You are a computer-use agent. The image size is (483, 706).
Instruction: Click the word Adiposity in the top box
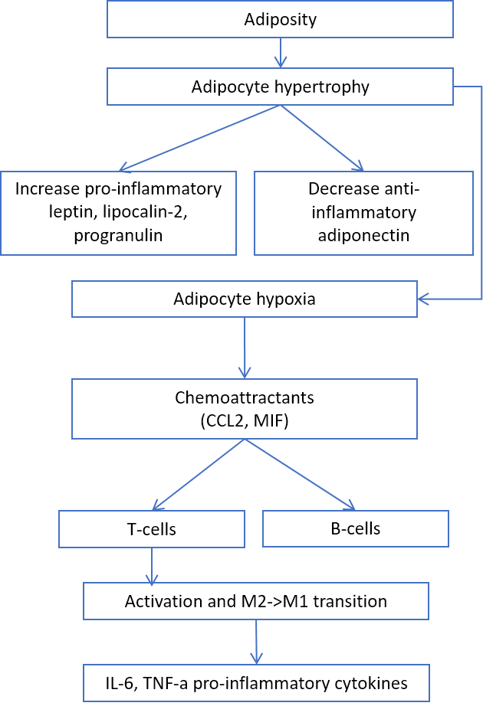pyautogui.click(x=280, y=20)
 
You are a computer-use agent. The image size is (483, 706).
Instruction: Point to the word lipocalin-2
pyautogui.click(x=145, y=212)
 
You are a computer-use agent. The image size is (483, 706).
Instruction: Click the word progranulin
pyautogui.click(x=118, y=236)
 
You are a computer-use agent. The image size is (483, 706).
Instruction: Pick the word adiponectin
pyautogui.click(x=363, y=236)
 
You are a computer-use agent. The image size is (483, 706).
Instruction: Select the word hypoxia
pyautogui.click(x=286, y=299)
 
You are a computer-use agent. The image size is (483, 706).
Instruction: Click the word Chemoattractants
pyautogui.click(x=245, y=397)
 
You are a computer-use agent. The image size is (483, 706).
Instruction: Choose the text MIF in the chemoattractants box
pyautogui.click(x=268, y=421)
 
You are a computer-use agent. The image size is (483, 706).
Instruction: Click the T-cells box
pyautogui.click(x=152, y=529)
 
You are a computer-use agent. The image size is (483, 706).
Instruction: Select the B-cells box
pyautogui.click(x=356, y=528)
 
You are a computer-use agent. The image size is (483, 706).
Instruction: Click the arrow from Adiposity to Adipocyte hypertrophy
pyautogui.click(x=281, y=53)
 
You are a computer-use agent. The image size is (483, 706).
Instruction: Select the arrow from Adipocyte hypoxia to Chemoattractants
pyautogui.click(x=245, y=348)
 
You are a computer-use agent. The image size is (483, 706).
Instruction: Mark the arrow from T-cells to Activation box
pyautogui.click(x=152, y=566)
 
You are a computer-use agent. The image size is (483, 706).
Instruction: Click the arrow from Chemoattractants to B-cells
pyautogui.click(x=300, y=475)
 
